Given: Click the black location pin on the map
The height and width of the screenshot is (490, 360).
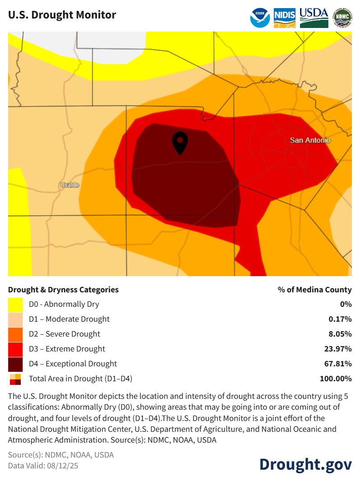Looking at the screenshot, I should pyautogui.click(x=180, y=143).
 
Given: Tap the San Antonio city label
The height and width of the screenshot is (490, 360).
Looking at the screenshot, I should pyautogui.click(x=310, y=140).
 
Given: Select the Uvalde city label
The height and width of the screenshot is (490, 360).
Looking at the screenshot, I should pyautogui.click(x=69, y=185).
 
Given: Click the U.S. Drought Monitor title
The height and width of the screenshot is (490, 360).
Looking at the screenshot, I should pyautogui.click(x=62, y=15).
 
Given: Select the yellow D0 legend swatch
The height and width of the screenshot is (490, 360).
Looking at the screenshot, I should pyautogui.click(x=15, y=305).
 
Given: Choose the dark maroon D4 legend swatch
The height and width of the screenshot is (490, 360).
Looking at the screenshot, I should pyautogui.click(x=15, y=364).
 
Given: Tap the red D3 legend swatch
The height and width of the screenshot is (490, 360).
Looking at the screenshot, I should pyautogui.click(x=15, y=349).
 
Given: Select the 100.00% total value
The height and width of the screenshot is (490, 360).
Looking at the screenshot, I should pyautogui.click(x=336, y=379).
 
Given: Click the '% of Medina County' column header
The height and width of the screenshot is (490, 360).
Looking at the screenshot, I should pyautogui.click(x=314, y=290).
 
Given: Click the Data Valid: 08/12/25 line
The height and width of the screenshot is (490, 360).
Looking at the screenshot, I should pyautogui.click(x=43, y=466).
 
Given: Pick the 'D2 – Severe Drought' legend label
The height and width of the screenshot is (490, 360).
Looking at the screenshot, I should pyautogui.click(x=65, y=334).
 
